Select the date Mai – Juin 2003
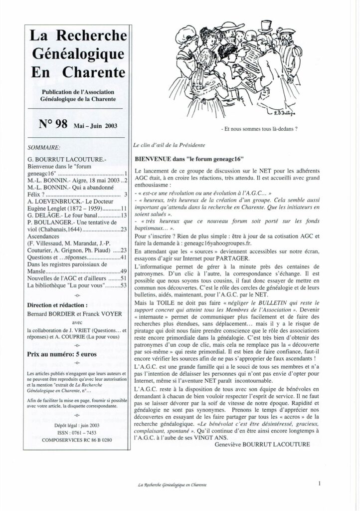click(x=95, y=126)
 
